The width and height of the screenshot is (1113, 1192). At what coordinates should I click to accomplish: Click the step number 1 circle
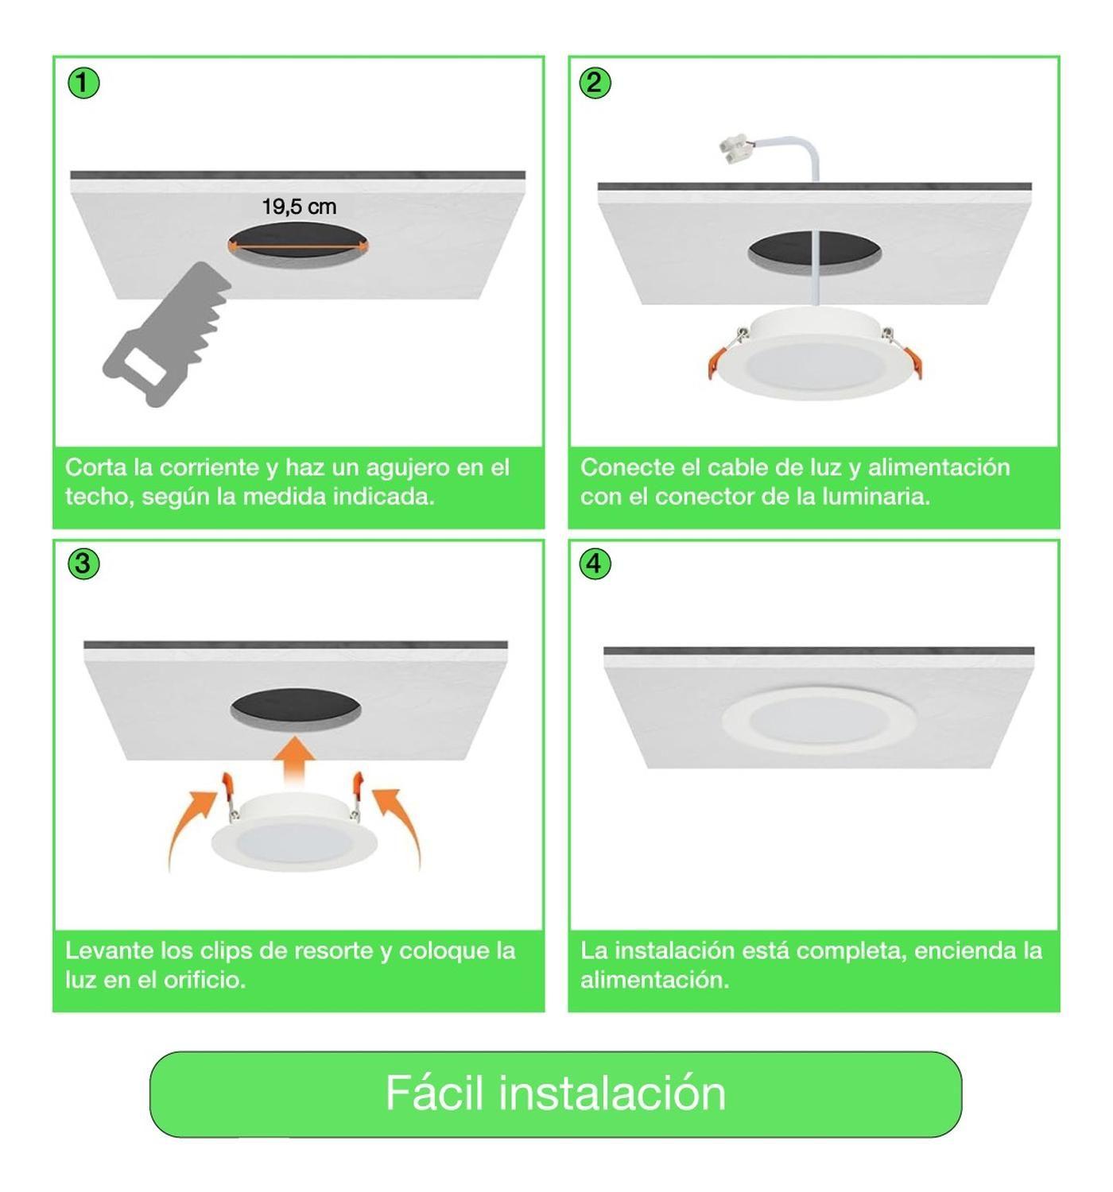coord(83,83)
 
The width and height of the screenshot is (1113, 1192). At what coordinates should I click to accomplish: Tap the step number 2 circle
coord(595,83)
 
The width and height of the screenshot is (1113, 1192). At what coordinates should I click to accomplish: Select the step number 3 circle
coord(83,564)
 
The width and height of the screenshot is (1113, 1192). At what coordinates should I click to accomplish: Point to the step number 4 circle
coord(595,564)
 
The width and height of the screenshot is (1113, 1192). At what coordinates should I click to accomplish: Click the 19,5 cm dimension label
coord(299,207)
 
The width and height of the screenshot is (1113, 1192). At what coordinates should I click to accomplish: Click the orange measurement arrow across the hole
coord(298,247)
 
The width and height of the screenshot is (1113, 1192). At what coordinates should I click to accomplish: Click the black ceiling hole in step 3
coord(296,707)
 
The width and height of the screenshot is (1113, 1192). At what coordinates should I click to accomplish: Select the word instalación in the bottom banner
coord(612,1093)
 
